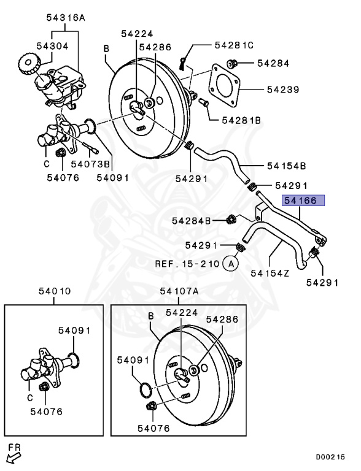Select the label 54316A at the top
[x=66, y=18]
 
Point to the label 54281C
[x=234, y=45]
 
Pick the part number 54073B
[x=90, y=163]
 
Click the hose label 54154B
[x=286, y=166]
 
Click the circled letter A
[x=230, y=264]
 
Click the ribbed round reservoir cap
[x=28, y=63]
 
